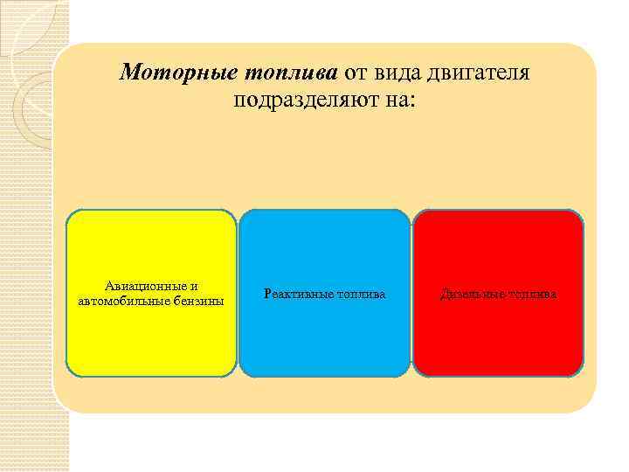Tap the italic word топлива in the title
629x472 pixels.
coord(289,72)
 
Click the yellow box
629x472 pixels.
coord(151,341)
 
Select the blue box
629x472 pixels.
coord(324,341)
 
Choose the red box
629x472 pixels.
coord(497,341)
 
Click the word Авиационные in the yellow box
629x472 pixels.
coord(145,286)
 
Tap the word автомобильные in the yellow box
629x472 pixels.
coord(119,301)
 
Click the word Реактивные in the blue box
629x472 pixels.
coord(293,295)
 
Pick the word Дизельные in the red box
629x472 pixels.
coord(468,295)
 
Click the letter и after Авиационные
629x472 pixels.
coord(194,286)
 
